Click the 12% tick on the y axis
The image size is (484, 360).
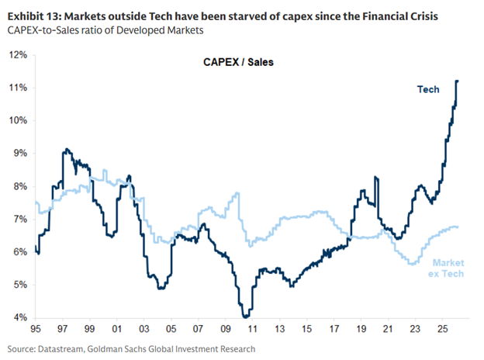click(x=18, y=55)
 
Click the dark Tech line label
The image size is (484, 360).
click(x=428, y=89)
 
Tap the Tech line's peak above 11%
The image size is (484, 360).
click(x=458, y=81)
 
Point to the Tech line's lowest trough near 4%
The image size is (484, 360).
click(x=246, y=317)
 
